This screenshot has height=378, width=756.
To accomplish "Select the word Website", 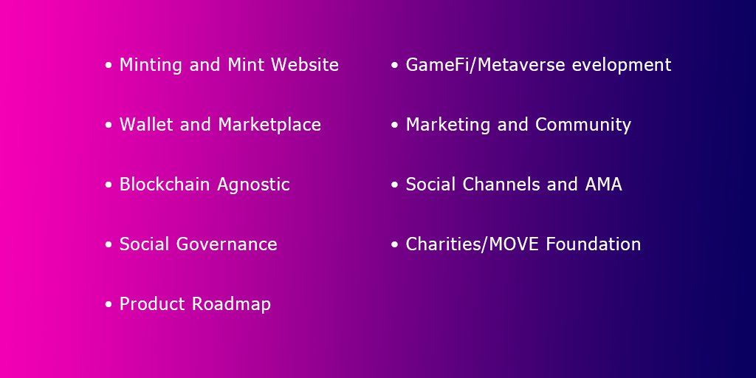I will pyautogui.click(x=305, y=65).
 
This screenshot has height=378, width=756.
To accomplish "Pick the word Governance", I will pyautogui.click(x=227, y=244).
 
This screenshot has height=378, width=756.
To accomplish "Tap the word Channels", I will pyautogui.click(x=502, y=185).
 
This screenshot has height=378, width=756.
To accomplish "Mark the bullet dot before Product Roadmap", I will pyautogui.click(x=109, y=304).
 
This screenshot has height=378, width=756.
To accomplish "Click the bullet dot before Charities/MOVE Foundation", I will pyautogui.click(x=395, y=244).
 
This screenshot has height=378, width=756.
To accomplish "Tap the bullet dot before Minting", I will pyautogui.click(x=109, y=66).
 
